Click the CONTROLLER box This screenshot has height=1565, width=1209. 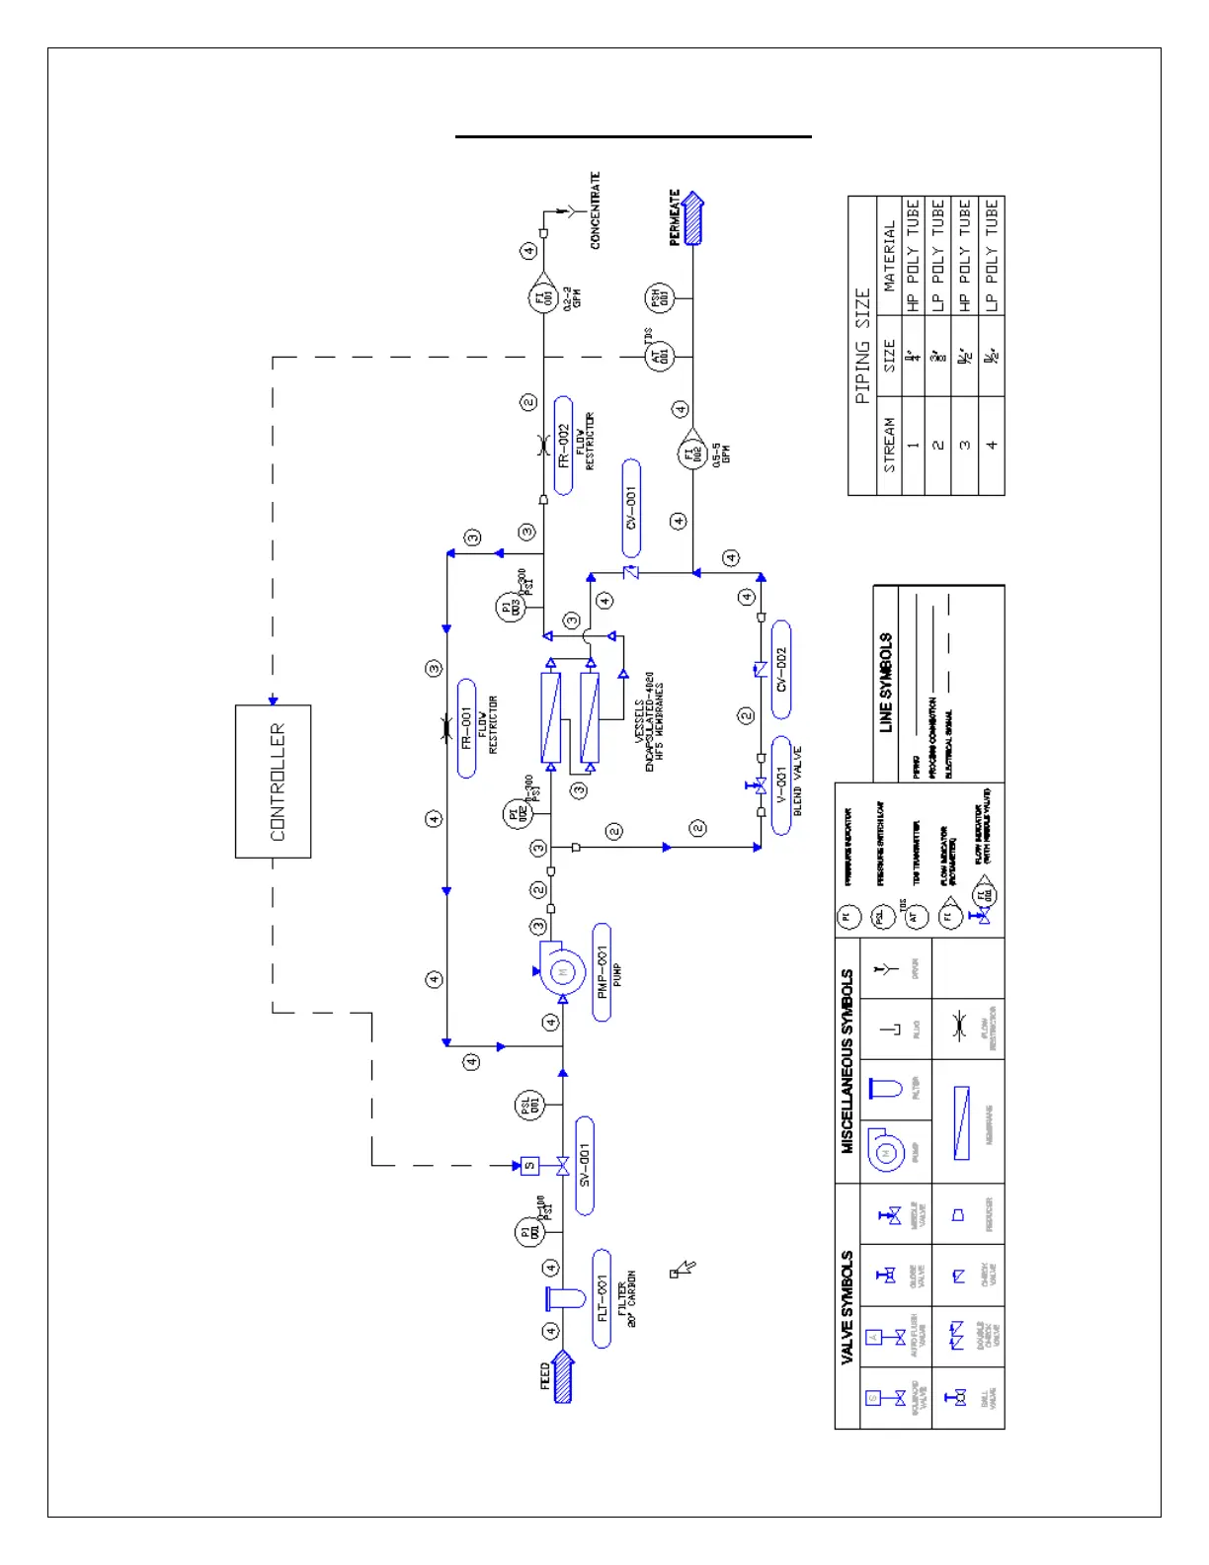[273, 781]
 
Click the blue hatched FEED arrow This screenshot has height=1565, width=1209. [562, 1376]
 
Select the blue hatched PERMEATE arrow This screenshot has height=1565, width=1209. [693, 219]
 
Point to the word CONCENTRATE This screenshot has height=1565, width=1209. [595, 210]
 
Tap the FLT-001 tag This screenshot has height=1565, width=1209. [602, 1297]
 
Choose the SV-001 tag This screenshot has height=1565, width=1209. [584, 1166]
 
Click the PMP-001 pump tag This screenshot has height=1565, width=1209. [601, 972]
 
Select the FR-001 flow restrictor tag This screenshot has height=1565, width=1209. [467, 728]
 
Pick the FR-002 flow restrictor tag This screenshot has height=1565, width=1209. [563, 446]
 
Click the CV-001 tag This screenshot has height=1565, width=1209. [631, 508]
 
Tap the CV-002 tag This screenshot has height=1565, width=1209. [780, 669]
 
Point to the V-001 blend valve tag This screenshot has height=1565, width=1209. [780, 785]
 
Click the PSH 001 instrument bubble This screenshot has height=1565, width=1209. [659, 297]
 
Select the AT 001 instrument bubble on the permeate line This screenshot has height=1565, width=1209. [660, 356]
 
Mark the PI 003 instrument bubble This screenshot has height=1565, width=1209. [509, 607]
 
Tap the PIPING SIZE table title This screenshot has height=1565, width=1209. [862, 346]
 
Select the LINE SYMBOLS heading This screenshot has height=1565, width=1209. [886, 682]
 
